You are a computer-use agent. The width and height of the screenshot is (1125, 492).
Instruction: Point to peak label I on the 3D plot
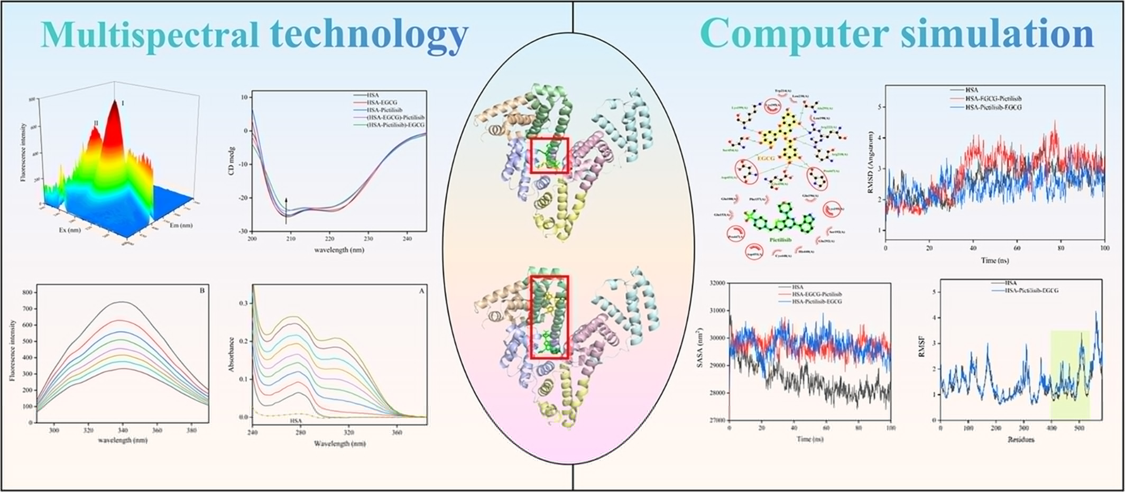(x=123, y=104)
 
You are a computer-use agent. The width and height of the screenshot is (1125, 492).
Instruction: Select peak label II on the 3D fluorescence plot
(x=96, y=123)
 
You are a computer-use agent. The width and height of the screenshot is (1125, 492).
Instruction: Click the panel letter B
(x=202, y=291)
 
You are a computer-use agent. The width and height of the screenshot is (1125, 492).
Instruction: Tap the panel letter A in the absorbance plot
(x=421, y=291)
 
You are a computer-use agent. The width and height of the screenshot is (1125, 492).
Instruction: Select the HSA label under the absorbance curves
(x=296, y=421)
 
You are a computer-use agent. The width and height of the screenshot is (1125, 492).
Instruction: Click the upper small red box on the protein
(x=549, y=155)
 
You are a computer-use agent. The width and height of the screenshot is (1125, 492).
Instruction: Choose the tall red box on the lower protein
(x=549, y=317)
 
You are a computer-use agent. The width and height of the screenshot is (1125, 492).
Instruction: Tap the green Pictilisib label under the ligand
(x=780, y=239)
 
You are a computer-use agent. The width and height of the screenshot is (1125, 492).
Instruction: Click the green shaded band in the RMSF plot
(x=1069, y=374)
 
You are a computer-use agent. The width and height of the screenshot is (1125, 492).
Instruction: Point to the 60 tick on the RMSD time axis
(x=1017, y=248)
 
